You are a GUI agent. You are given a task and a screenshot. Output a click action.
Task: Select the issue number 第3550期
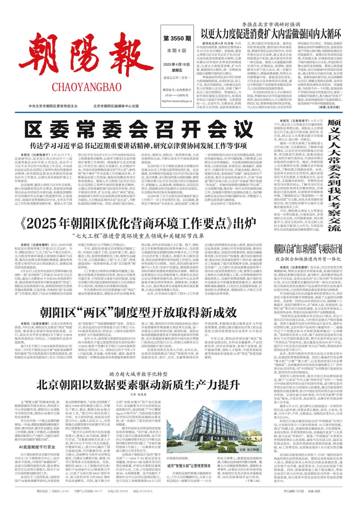[177, 38]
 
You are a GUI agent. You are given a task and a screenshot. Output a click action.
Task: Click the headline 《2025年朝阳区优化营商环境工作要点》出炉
[138, 224]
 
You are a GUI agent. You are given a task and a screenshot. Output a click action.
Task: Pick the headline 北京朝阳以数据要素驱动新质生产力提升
[138, 385]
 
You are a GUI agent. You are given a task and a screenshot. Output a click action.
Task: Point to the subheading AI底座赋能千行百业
[37, 447]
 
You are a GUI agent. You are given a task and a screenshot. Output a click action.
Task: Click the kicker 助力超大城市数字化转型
[138, 374]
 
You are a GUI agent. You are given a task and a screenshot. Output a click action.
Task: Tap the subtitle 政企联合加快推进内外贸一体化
[308, 259]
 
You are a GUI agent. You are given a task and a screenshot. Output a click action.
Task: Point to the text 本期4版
[177, 51]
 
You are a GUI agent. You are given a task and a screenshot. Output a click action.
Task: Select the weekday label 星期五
[177, 70]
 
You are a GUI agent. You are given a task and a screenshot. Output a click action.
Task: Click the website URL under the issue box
[177, 101]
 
